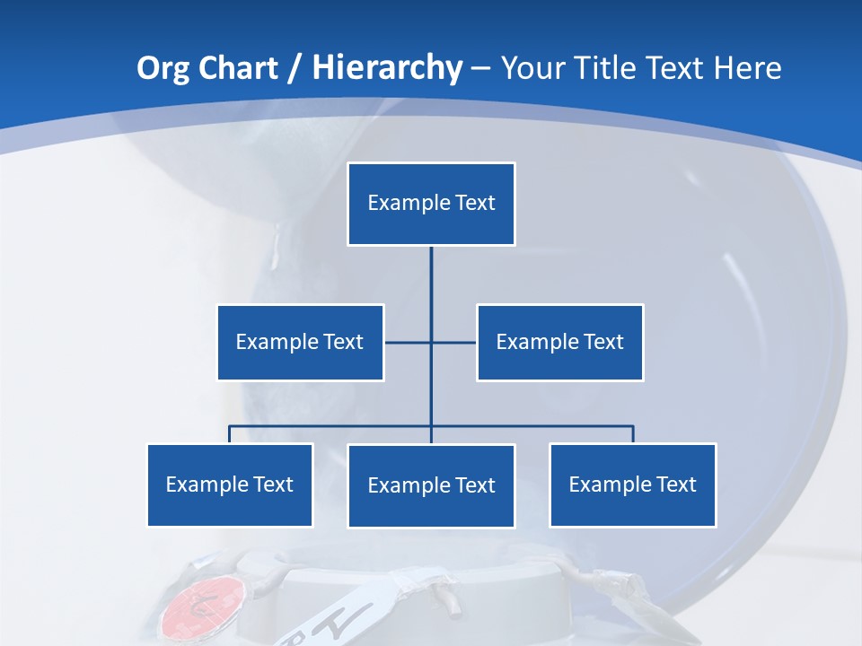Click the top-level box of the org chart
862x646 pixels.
(431, 204)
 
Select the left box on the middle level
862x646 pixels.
(300, 342)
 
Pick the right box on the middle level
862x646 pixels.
(559, 342)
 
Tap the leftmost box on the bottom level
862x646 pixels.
(230, 484)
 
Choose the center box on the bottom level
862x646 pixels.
(431, 485)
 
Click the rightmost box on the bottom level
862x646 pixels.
(632, 484)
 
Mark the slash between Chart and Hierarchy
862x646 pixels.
(295, 68)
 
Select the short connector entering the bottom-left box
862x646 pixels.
(230, 434)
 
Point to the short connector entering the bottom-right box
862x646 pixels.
(633, 434)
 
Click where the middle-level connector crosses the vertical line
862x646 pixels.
(431, 342)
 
